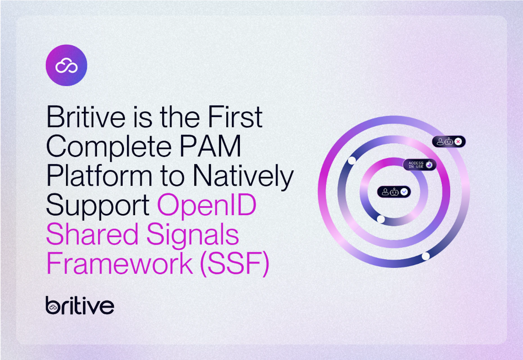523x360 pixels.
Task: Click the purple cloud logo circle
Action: (x=66, y=65)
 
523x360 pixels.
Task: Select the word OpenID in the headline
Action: (x=207, y=204)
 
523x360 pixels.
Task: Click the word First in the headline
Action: (x=235, y=117)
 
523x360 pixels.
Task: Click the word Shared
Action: (x=92, y=234)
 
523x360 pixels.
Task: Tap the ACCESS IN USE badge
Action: (x=420, y=165)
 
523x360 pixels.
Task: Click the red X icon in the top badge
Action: (x=458, y=141)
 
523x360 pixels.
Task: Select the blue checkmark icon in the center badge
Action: (x=404, y=192)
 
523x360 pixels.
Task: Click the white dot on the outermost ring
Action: (x=426, y=256)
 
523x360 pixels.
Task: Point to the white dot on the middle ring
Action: (x=352, y=161)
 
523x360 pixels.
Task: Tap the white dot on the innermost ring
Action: (x=381, y=219)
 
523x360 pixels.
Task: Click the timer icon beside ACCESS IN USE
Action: (x=429, y=165)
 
